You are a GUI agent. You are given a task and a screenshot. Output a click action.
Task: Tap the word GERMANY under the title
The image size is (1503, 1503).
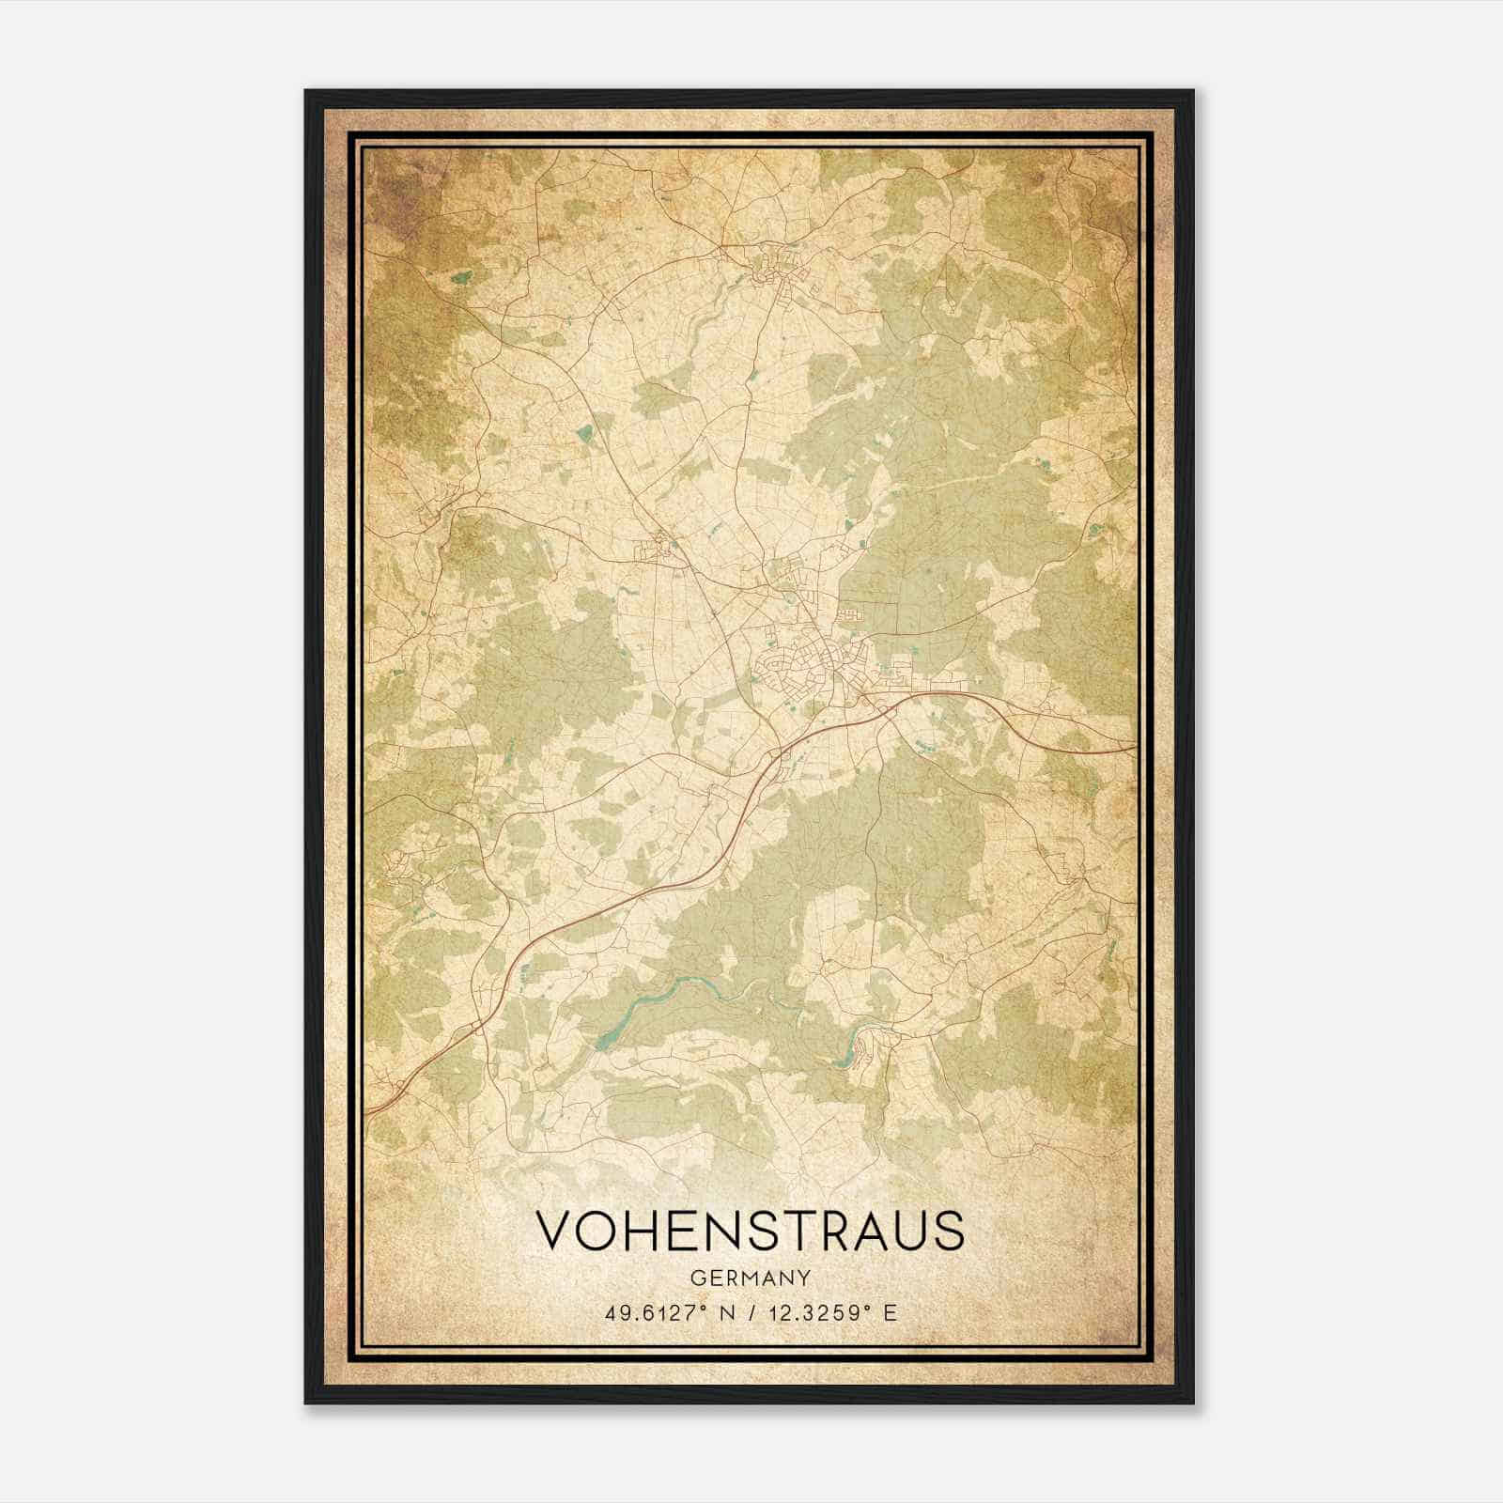(x=750, y=1278)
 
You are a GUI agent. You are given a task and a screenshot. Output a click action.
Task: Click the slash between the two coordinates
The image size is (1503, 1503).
(x=751, y=1312)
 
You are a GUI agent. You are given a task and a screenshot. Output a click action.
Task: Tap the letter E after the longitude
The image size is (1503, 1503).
(x=891, y=1312)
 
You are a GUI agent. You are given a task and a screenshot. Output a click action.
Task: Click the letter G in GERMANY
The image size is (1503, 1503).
(x=696, y=1278)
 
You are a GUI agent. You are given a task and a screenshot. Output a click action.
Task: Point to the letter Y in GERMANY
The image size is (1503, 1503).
(x=805, y=1278)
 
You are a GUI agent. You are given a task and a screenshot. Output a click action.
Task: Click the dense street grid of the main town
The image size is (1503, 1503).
(x=798, y=658)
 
